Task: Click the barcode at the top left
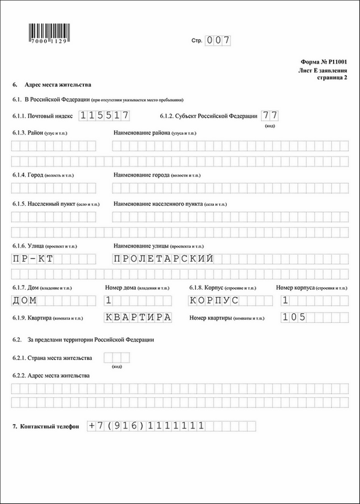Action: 49,32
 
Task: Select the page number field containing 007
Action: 218,41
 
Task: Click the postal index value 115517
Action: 105,116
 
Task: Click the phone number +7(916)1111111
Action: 147,426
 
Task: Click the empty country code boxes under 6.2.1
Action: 117,358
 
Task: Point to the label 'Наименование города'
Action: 142,175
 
